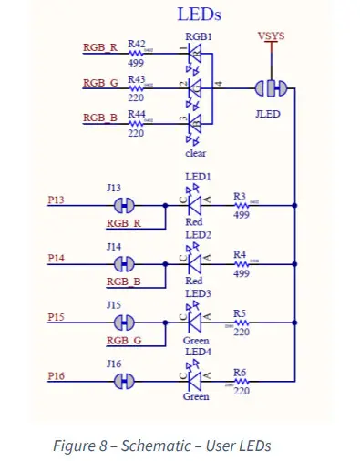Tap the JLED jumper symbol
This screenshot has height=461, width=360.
[271, 88]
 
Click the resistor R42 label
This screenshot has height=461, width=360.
[137, 43]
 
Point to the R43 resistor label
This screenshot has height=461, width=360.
[137, 79]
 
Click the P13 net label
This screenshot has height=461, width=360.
[57, 196]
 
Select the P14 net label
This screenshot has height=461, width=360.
[57, 258]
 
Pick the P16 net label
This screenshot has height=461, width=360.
[57, 374]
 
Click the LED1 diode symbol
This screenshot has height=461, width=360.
[194, 206]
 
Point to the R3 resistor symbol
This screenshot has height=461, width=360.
[242, 206]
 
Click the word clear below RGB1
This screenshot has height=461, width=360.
[196, 154]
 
